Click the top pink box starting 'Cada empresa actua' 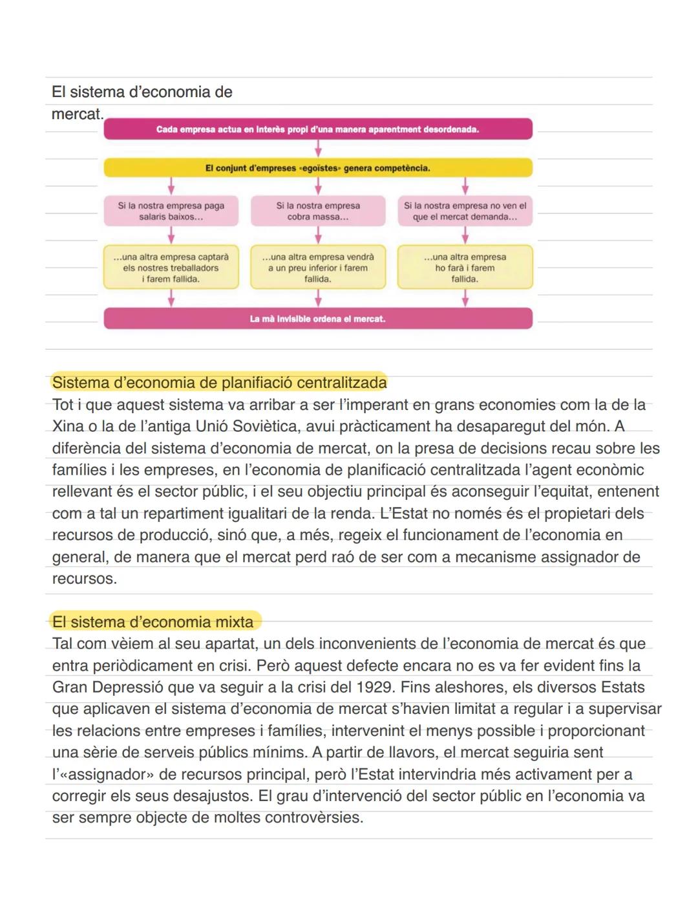(x=318, y=129)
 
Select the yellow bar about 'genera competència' (x=318, y=168)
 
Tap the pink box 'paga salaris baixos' (x=171, y=211)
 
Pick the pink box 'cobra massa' (x=318, y=211)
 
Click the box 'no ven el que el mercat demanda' (x=465, y=211)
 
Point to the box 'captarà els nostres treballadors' (x=171, y=268)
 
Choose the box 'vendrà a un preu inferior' (x=318, y=268)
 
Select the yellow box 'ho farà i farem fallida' (x=465, y=268)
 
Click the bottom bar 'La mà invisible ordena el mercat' (x=318, y=319)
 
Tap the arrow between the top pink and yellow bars (x=318, y=149)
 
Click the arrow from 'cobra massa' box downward (x=318, y=235)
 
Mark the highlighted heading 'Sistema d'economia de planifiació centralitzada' (x=219, y=383)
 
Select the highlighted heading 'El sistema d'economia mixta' (x=153, y=622)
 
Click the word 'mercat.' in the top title (x=78, y=114)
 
